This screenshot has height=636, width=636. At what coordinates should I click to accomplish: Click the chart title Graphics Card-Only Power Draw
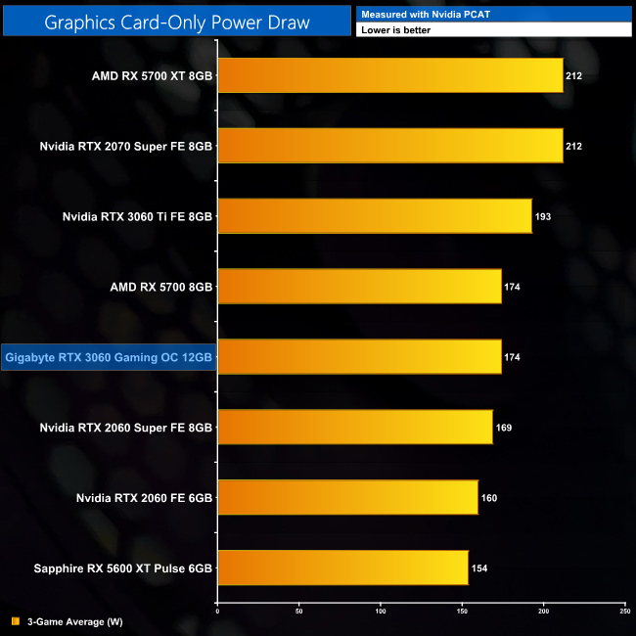point(176,21)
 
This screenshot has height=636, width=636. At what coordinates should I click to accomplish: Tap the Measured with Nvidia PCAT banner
point(494,13)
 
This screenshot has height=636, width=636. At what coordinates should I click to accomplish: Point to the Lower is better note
point(494,29)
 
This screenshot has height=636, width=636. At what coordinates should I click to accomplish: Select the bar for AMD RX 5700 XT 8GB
point(389,75)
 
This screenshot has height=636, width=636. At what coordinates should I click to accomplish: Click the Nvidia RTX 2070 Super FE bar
point(389,146)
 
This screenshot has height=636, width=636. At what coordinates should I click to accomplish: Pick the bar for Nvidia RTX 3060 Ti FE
point(374,215)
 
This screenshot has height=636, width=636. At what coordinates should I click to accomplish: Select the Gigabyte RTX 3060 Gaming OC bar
point(359,357)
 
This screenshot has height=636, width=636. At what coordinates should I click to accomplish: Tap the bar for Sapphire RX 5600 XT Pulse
point(342,568)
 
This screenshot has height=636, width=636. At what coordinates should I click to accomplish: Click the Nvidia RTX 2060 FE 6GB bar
point(347,497)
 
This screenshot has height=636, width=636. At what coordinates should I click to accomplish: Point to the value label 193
point(544,216)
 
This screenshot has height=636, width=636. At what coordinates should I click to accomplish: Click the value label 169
point(505,428)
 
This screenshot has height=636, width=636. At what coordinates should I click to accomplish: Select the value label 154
point(480,568)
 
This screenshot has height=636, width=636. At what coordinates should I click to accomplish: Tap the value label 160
point(489,498)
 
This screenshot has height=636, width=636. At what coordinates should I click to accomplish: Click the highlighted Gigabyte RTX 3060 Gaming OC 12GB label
point(108,357)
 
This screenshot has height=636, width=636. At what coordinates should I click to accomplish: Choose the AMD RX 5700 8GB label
point(162,287)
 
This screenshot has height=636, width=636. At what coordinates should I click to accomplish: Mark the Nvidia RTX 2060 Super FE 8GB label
point(126,428)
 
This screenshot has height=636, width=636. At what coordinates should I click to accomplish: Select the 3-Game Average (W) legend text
point(74,621)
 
